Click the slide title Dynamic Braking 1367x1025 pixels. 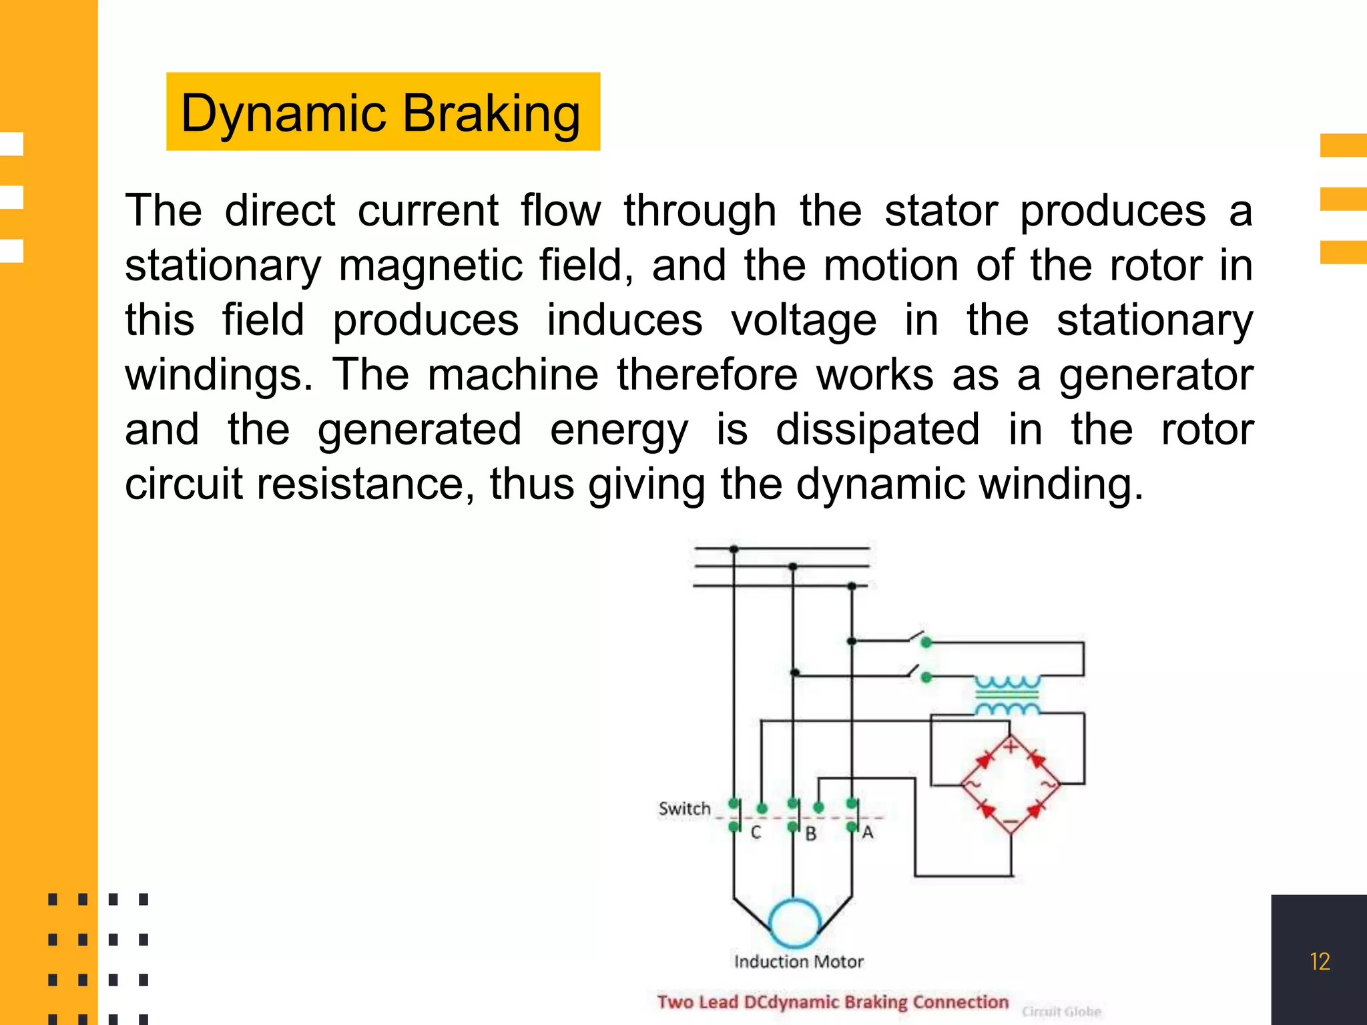click(381, 113)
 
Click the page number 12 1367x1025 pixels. click(1320, 962)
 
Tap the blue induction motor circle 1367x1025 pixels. click(794, 923)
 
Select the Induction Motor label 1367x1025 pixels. click(798, 962)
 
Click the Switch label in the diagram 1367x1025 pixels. click(684, 809)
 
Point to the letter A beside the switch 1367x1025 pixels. click(868, 833)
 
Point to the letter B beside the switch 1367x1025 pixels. click(811, 834)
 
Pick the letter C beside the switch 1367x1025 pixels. click(756, 833)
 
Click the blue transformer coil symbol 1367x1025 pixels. click(1007, 695)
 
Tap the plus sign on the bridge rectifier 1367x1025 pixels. click(1011, 746)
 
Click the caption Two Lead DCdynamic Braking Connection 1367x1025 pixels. click(832, 1002)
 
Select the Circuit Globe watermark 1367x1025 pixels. click(1061, 1012)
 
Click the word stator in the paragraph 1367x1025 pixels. click(940, 211)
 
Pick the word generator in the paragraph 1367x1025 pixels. click(1156, 375)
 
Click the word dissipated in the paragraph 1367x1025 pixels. click(878, 429)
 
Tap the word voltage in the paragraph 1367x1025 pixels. click(804, 320)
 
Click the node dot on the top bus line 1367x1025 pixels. click(734, 549)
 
